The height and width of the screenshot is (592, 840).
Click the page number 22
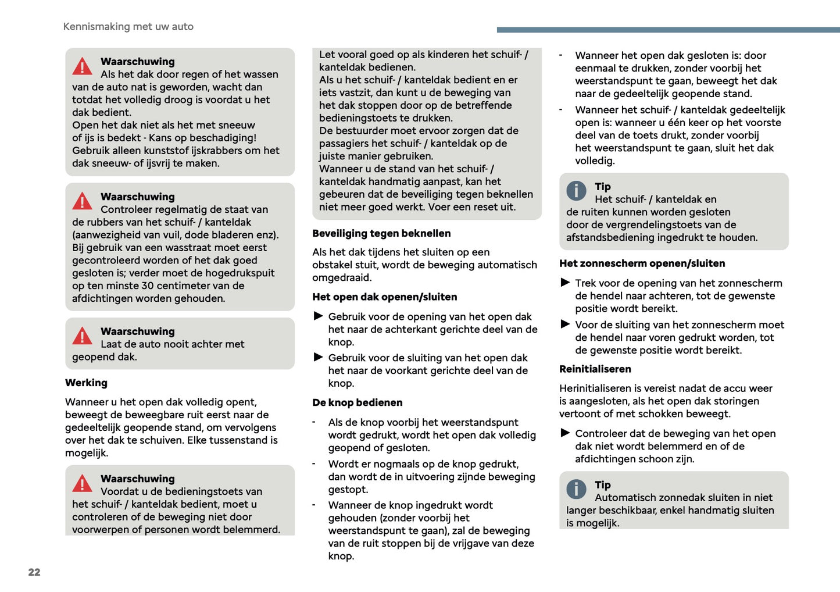[34, 572]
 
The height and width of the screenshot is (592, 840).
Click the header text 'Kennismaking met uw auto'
[128, 27]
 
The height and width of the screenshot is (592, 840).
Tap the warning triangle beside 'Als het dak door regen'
[83, 67]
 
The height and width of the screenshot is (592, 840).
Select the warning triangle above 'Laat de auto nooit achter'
[83, 336]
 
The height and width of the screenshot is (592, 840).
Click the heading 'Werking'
[86, 383]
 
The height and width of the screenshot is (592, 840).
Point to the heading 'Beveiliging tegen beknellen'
[381, 233]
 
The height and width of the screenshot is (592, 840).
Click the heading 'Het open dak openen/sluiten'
[384, 297]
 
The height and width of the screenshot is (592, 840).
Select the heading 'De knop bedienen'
[357, 402]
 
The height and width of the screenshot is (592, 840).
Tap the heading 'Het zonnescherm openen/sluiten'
[642, 263]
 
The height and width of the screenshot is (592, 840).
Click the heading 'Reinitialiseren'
[595, 369]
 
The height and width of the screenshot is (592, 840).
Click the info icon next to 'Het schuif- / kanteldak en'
[576, 191]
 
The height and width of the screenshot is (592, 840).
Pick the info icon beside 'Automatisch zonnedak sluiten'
[576, 489]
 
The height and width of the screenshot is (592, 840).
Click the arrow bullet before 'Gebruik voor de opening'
[319, 316]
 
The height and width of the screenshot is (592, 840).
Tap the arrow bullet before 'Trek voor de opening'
[565, 282]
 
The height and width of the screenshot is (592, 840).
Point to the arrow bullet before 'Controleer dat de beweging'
[565, 433]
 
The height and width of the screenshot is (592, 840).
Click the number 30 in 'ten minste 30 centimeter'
[148, 286]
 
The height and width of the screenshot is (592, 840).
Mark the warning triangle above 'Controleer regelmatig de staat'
[83, 202]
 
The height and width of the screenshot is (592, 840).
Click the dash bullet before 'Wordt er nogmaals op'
[314, 464]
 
